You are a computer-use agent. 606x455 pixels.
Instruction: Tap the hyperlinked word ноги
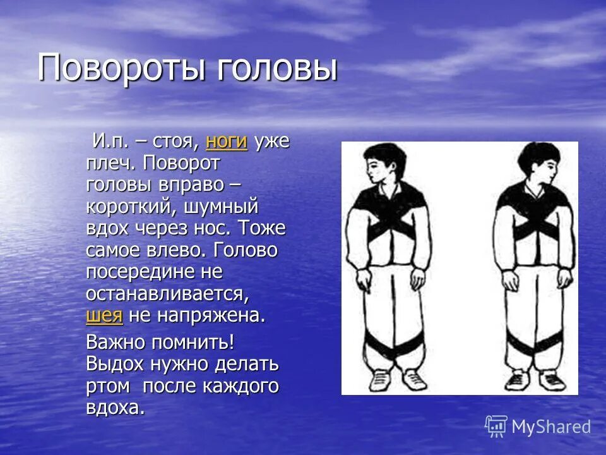tap(226, 141)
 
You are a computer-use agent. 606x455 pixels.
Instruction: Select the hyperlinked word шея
tap(104, 315)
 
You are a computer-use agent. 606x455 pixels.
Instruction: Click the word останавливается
tap(165, 294)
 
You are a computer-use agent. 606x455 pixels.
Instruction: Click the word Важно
tap(116, 343)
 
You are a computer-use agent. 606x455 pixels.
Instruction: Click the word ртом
tap(108, 386)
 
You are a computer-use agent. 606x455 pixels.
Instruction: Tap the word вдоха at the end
tap(115, 408)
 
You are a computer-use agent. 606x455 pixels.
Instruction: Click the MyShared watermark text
tap(551, 427)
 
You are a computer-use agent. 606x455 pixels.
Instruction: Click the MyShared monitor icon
tap(496, 426)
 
